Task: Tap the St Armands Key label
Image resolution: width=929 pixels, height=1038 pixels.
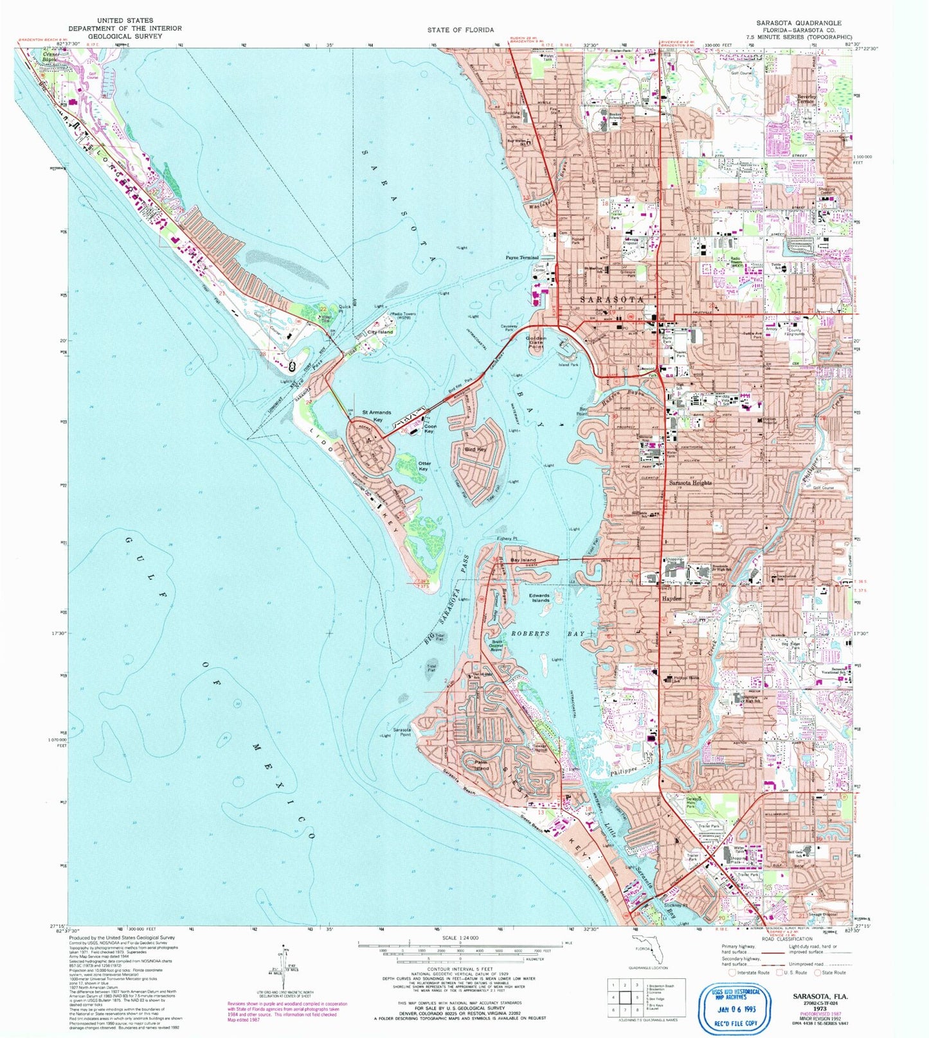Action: (373, 416)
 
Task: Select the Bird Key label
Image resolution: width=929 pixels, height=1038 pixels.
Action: (474, 450)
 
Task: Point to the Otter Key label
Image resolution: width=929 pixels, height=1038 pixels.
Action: (424, 466)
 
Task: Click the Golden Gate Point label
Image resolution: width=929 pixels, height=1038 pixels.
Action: (536, 342)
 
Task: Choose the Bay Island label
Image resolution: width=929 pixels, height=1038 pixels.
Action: (523, 560)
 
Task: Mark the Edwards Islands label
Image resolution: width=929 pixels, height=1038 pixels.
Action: (539, 598)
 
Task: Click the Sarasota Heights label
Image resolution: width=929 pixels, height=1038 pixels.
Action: (690, 482)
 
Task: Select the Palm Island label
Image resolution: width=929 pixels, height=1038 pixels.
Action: (481, 765)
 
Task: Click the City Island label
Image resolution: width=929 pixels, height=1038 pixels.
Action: (380, 332)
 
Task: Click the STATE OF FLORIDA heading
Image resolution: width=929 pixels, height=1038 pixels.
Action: (460, 30)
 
